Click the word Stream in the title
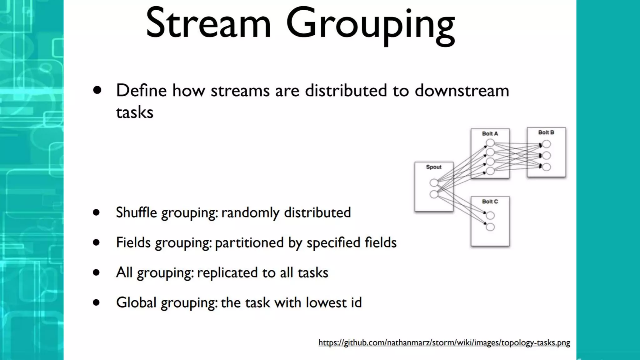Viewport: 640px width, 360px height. [208, 23]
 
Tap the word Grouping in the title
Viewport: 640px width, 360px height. [370, 25]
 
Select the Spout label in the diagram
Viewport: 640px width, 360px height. [434, 167]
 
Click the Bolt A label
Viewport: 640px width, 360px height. [490, 134]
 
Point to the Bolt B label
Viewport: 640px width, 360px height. [546, 132]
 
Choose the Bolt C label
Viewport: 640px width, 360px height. [490, 202]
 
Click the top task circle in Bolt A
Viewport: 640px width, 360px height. [490, 143]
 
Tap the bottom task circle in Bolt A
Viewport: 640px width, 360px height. [490, 171]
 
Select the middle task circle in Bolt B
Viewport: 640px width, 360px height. [546, 155]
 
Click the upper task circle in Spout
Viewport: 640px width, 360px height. [434, 183]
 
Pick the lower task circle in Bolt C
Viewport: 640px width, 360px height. [490, 227]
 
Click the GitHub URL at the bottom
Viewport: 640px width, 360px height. [444, 343]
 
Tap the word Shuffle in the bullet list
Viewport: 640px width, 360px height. [136, 212]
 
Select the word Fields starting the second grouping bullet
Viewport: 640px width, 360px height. [133, 242]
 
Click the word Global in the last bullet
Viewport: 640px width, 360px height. [136, 302]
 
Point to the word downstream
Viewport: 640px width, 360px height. [462, 91]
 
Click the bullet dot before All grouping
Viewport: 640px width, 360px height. [96, 272]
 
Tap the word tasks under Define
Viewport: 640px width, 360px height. [135, 112]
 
